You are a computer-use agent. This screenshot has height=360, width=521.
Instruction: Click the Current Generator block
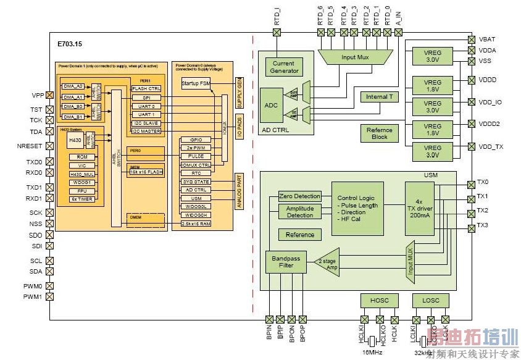pos(284,67)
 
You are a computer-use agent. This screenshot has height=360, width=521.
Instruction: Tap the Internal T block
pos(379,97)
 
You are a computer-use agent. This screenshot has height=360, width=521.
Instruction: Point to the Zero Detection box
pos(299,196)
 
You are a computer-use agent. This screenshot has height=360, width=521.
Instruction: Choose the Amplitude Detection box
pos(299,212)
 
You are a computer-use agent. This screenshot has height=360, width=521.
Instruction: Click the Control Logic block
pos(357,208)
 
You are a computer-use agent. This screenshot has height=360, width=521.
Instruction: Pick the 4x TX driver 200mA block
pos(420,208)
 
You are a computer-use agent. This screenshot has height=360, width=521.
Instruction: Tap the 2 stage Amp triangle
pos(328,262)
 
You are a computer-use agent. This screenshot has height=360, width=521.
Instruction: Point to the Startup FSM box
pos(196,83)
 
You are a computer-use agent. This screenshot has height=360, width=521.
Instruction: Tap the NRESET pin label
pos(30,146)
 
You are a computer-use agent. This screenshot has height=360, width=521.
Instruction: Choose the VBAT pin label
pos(487,39)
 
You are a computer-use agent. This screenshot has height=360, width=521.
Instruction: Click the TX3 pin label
pos(483,225)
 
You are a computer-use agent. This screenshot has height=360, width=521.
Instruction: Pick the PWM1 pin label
pos(33,298)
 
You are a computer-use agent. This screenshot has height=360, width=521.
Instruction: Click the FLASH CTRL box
pos(146,88)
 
